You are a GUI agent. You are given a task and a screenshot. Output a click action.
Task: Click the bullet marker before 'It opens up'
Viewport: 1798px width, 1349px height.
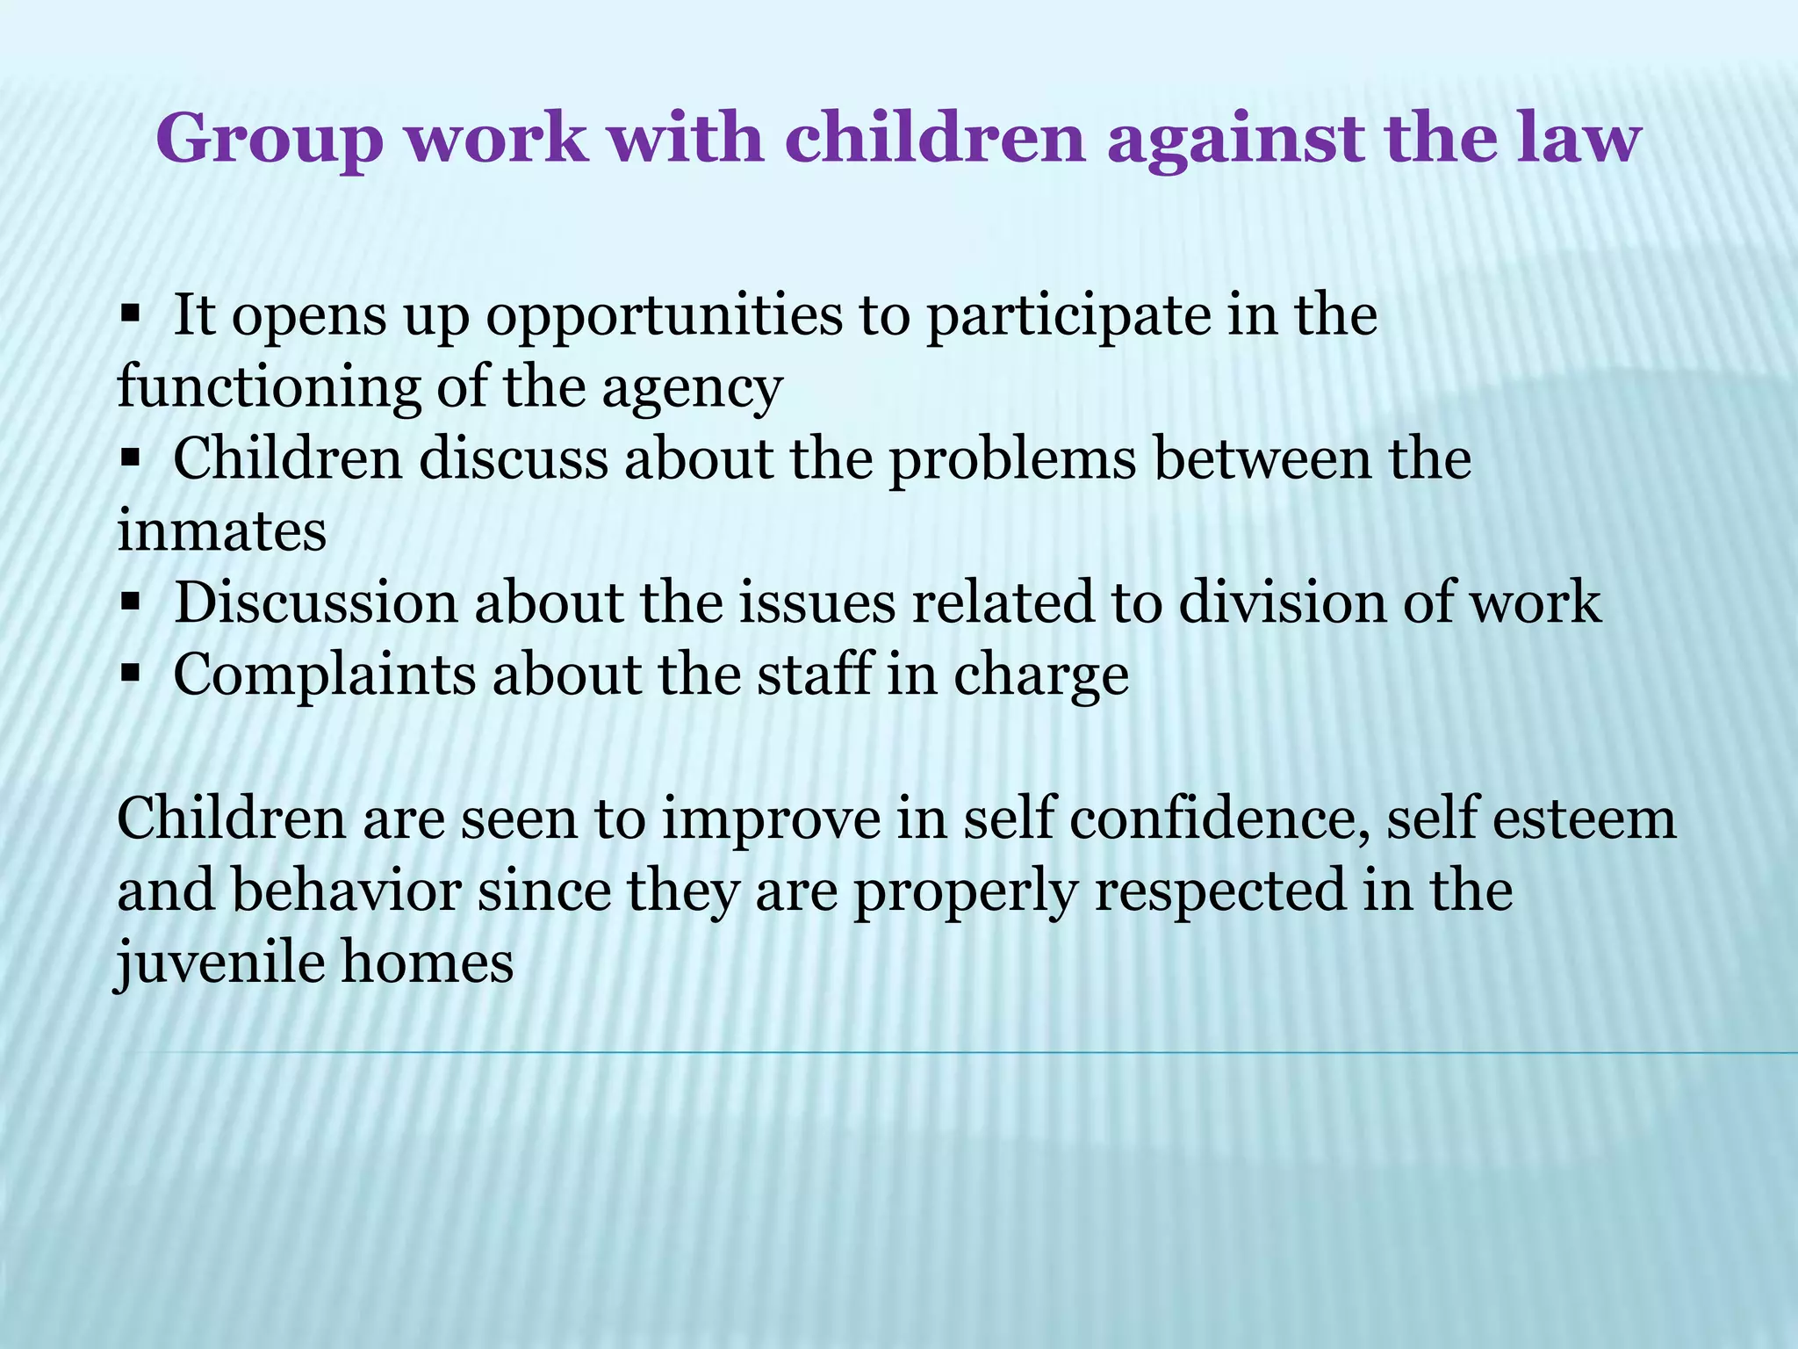coord(131,314)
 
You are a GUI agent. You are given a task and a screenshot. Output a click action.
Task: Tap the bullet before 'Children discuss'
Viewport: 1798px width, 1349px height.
coord(131,458)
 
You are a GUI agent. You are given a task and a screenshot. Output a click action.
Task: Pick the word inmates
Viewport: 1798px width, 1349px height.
coord(221,532)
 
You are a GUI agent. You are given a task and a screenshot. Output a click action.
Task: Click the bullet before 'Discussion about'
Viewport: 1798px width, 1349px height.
coord(131,602)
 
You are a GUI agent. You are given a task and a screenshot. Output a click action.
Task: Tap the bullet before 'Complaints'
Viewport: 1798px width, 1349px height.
coord(131,674)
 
